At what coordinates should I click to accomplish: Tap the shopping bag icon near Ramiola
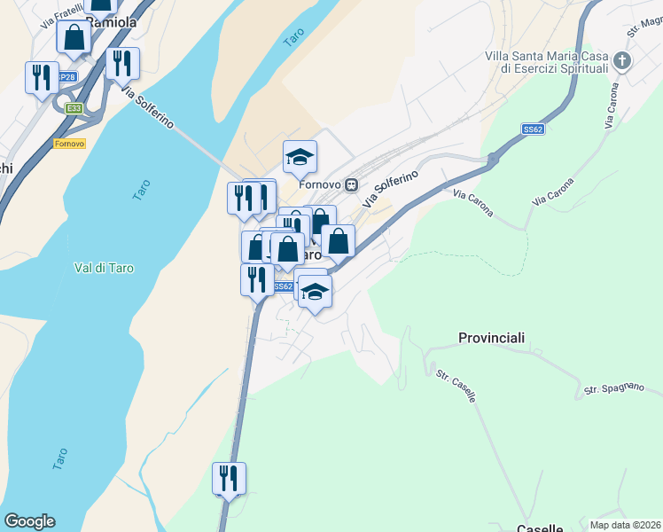[x=74, y=37]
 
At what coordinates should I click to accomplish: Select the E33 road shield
[x=74, y=108]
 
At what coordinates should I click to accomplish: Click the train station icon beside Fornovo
[x=351, y=184]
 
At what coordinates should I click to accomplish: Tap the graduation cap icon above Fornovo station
[x=300, y=158]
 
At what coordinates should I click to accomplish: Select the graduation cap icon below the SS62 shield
[x=315, y=292]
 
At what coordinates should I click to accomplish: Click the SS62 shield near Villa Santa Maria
[x=533, y=129]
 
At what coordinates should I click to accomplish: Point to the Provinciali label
[x=492, y=338]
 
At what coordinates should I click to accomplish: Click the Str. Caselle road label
[x=456, y=387]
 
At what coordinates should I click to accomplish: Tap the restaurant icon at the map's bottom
[x=229, y=479]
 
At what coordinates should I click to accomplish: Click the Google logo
[x=29, y=521]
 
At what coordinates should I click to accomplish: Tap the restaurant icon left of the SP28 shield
[x=41, y=78]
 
